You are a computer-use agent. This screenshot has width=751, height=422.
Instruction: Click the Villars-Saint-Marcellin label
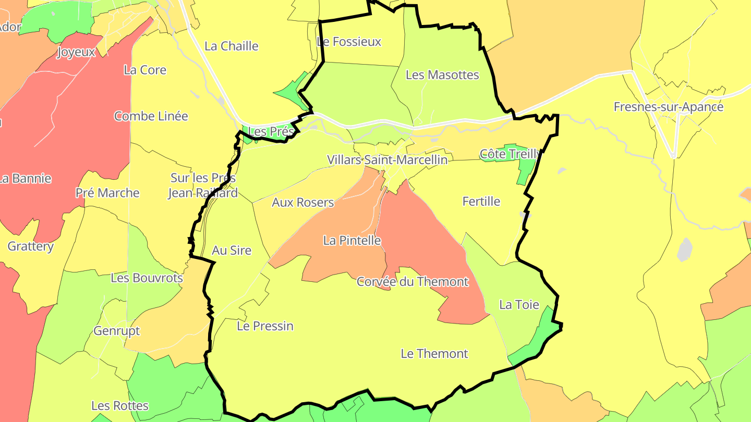coord(387,160)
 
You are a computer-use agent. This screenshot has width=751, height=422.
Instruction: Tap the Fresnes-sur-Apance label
coord(668,107)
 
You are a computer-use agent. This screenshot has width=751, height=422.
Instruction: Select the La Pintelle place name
coord(352,241)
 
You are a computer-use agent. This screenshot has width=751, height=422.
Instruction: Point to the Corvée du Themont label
coord(413,282)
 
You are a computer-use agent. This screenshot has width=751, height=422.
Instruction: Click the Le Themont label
coord(434,354)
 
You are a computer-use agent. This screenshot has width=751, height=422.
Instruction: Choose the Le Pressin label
coord(265,326)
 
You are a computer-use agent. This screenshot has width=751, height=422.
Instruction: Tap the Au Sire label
coord(232,251)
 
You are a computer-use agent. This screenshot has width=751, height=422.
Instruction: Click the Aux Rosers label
coord(302,202)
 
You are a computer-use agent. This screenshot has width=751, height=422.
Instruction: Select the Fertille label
coord(481,202)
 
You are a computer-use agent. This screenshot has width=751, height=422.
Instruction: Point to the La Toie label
coord(519,305)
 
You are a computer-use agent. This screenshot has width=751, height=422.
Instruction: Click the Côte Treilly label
coord(511,154)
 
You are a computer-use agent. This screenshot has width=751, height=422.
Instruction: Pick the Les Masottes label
coord(442,75)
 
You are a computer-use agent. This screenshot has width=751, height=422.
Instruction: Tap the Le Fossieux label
coord(349,42)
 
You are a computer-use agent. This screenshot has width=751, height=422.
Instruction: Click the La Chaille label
coord(232,46)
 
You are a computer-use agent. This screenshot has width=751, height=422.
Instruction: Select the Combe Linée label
coord(151,116)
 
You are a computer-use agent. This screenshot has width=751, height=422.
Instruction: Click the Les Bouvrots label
coord(147,278)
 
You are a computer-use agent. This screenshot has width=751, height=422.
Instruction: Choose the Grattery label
coord(30,246)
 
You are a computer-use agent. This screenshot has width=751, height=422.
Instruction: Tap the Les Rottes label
coord(120,406)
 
